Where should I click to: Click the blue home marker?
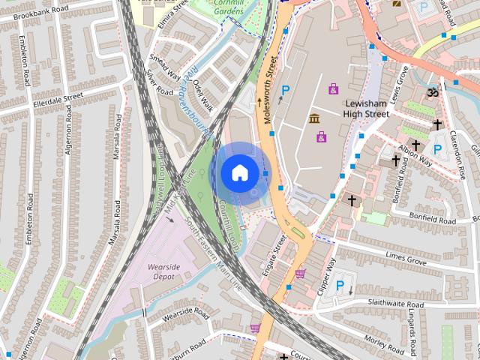[x=239, y=172]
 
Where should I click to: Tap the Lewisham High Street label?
[x=366, y=109]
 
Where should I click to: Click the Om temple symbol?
[x=431, y=93]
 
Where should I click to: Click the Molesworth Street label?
[x=269, y=89]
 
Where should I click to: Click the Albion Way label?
[x=415, y=155]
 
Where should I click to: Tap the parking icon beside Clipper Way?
[x=340, y=285]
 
